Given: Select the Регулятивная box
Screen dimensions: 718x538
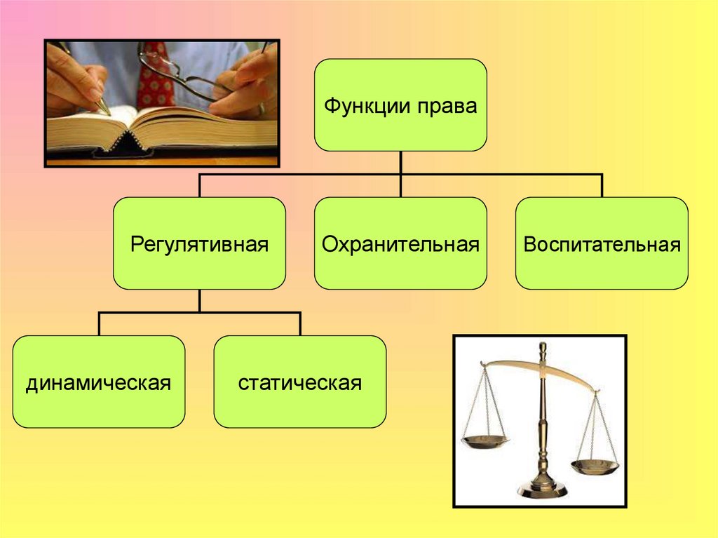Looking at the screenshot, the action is (199, 243).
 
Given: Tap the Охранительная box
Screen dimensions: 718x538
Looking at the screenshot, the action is (400, 243).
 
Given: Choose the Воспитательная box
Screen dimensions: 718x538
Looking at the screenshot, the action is (602, 243).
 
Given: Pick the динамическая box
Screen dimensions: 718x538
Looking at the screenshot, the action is (99, 382).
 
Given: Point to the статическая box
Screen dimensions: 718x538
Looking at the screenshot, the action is (299, 382).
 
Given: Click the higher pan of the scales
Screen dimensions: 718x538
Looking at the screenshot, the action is (485, 441).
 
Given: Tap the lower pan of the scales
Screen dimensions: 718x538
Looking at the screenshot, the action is (594, 467).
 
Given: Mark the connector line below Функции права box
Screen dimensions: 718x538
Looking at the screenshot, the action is (400, 162).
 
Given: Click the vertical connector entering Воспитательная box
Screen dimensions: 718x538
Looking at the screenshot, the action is (602, 185).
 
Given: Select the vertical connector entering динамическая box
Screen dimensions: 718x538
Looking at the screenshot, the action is (99, 324).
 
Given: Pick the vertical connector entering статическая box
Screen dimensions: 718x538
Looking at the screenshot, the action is (299, 324).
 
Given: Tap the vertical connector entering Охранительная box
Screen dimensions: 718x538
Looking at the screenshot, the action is (400, 187).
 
